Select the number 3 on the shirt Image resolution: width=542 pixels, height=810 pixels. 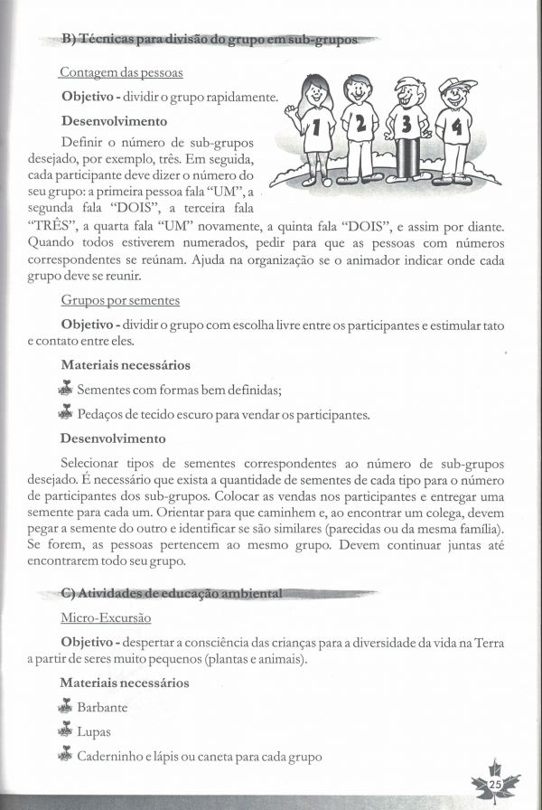click(x=407, y=123)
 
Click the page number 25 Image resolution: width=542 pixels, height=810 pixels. click(x=495, y=784)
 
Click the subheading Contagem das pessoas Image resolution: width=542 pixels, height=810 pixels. click(x=121, y=71)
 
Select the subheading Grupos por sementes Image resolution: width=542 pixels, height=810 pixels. click(x=120, y=299)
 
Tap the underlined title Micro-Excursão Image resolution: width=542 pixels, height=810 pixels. click(x=106, y=617)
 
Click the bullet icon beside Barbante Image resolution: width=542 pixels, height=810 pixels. click(x=64, y=706)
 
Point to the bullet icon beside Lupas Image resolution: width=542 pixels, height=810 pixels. click(x=64, y=730)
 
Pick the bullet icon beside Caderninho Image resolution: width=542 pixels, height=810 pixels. click(x=64, y=755)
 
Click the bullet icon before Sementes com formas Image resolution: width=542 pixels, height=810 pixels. click(x=64, y=389)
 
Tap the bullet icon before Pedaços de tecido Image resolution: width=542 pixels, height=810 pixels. click(x=64, y=413)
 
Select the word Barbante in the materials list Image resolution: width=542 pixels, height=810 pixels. click(x=102, y=708)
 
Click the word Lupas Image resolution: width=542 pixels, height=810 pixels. click(x=94, y=732)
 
